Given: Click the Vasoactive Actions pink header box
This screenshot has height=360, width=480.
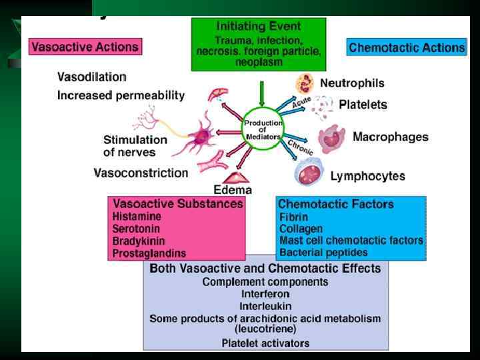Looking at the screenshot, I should [x=85, y=47].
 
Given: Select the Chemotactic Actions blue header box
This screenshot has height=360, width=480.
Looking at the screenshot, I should [x=406, y=47].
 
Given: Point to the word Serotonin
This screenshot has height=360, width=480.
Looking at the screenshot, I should [x=135, y=229].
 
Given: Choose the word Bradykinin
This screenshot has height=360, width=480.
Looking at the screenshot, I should [x=139, y=241].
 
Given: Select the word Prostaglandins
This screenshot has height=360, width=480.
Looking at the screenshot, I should [x=149, y=253].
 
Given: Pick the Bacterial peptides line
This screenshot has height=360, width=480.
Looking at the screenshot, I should [x=323, y=253].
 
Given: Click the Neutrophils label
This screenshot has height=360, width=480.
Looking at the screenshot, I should [x=351, y=83].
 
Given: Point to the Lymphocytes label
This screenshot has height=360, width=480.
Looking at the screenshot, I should [x=367, y=177].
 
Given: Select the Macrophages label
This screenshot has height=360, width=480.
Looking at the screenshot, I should [x=390, y=137].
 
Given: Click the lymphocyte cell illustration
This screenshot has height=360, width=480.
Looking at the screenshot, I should [x=309, y=171].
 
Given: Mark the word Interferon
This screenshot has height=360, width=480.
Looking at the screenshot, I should [x=265, y=293].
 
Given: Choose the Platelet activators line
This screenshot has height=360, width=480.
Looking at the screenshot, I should [x=265, y=343].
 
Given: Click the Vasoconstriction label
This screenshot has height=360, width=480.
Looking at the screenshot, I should [x=141, y=173].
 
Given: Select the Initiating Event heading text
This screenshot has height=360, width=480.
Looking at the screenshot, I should [x=259, y=27].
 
